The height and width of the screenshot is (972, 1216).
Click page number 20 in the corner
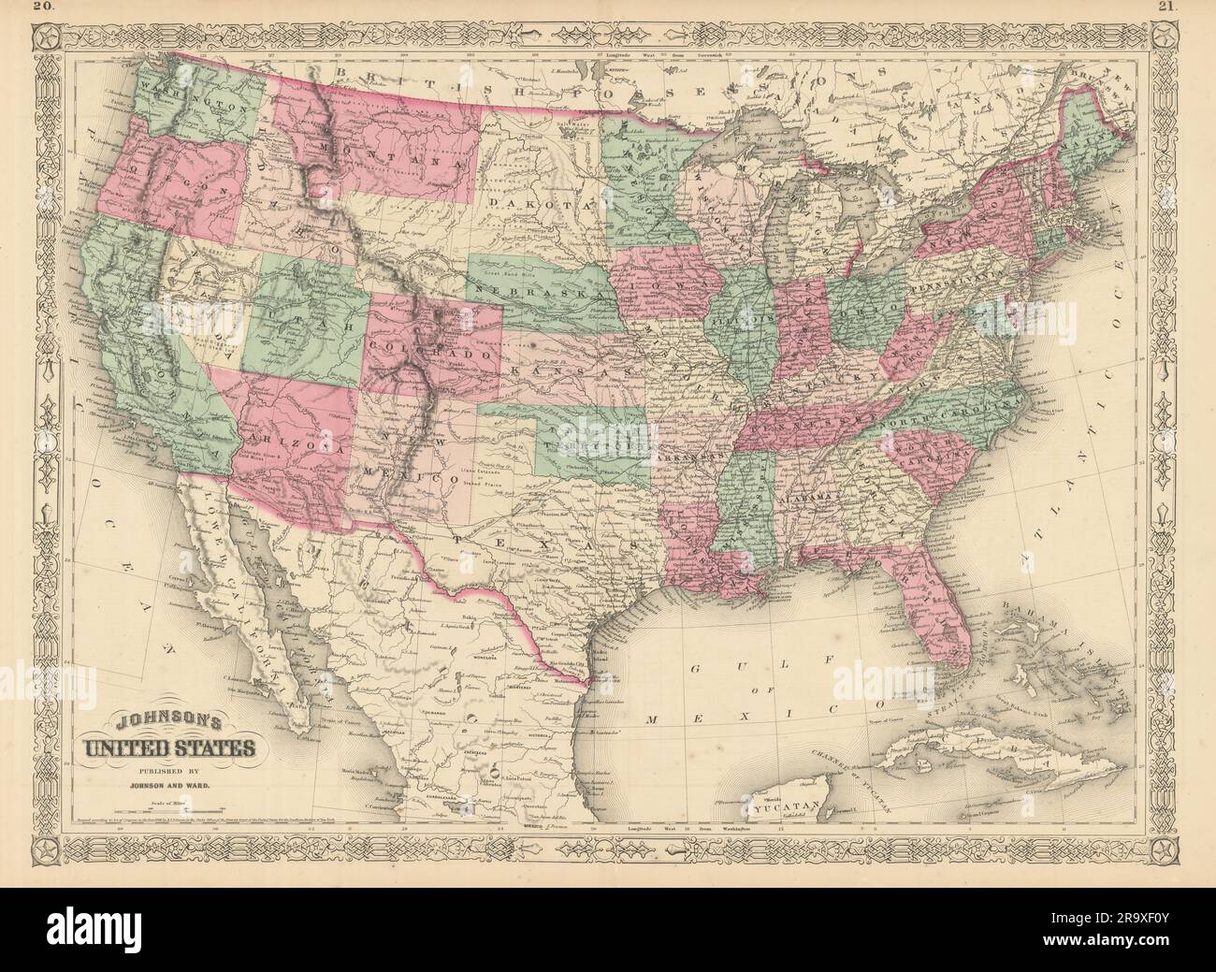coord(16,8)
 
